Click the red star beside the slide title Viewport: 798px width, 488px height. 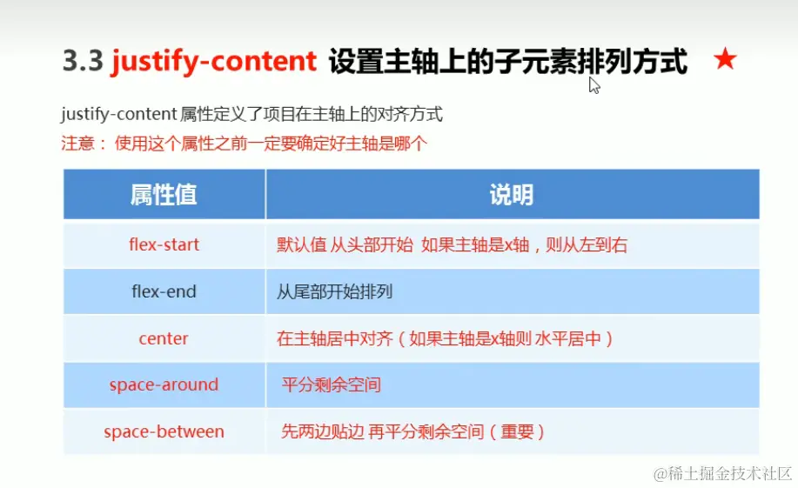[x=725, y=60]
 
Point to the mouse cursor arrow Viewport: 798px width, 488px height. [x=593, y=84]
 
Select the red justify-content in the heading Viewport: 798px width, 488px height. [x=213, y=62]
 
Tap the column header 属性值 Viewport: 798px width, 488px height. [x=164, y=194]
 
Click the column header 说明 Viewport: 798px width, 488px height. [x=511, y=194]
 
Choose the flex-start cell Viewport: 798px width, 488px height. [x=164, y=244]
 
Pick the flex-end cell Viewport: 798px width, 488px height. [x=164, y=291]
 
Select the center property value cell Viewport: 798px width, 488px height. [x=164, y=338]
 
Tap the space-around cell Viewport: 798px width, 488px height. [x=164, y=384]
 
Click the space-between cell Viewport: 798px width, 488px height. [x=164, y=431]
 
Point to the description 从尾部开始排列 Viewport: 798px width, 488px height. [x=334, y=292]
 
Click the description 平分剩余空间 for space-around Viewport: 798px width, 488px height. [x=332, y=385]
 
